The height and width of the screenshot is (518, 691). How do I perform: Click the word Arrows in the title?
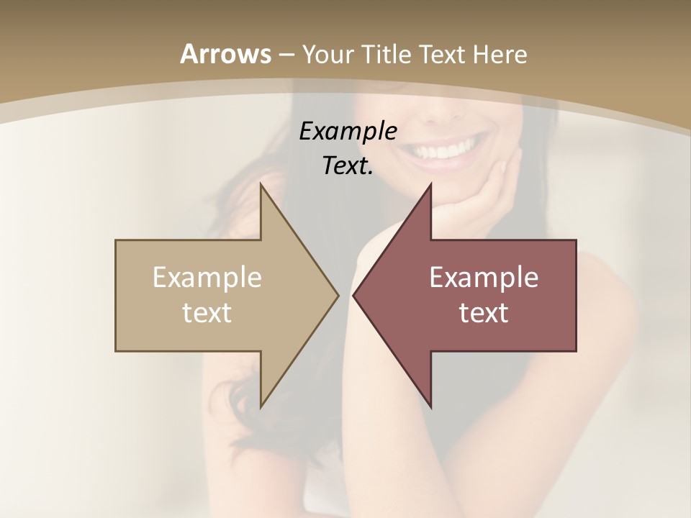(x=225, y=54)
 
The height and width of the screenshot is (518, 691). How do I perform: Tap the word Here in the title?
(x=501, y=54)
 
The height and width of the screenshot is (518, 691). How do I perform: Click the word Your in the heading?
(x=327, y=55)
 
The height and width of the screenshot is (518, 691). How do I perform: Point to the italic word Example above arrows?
(x=348, y=132)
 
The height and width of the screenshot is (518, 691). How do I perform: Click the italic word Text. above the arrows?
(x=348, y=166)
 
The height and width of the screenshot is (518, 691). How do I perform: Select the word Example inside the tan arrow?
(x=207, y=278)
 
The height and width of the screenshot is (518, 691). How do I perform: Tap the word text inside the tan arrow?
(x=207, y=313)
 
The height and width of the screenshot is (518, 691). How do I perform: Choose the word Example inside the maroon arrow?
(x=484, y=278)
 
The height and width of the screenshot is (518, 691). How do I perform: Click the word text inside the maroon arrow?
(x=484, y=313)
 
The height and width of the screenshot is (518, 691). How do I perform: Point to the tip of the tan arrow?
(x=338, y=295)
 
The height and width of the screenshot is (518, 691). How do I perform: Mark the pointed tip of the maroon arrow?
(x=353, y=295)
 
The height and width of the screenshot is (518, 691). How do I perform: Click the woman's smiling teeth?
(x=444, y=151)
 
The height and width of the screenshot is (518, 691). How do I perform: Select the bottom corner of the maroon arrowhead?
(x=430, y=406)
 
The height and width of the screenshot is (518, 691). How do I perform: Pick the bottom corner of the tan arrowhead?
(x=261, y=406)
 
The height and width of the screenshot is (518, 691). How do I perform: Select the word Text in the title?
(x=446, y=54)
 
